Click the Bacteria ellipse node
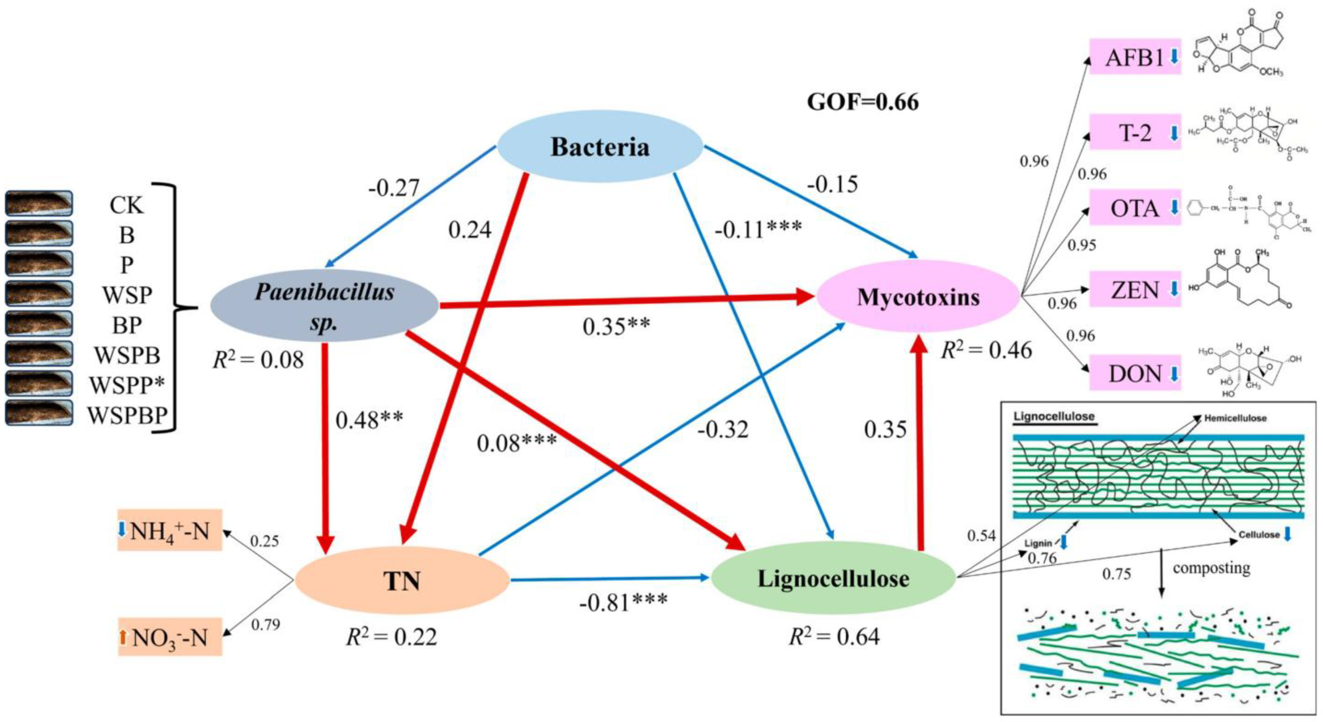point(600,147)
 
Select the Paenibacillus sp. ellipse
point(325,306)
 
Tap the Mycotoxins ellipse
point(918,297)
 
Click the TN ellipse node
point(402,581)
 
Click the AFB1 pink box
point(1135,57)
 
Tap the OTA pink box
point(1135,208)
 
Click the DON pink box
point(1135,373)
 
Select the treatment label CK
point(127,205)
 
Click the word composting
point(1211,568)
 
